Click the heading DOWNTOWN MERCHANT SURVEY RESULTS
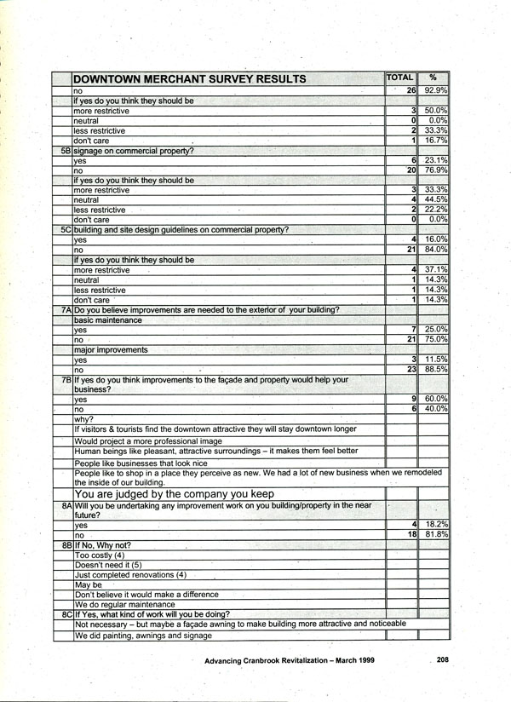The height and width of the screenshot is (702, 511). coord(190,79)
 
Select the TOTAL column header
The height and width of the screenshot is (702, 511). coord(399,78)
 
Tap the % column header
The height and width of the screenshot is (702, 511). coord(433,78)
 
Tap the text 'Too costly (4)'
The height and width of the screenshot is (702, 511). coord(100,555)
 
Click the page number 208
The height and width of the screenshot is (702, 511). coord(443,659)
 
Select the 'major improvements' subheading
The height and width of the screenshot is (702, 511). coord(110,350)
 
